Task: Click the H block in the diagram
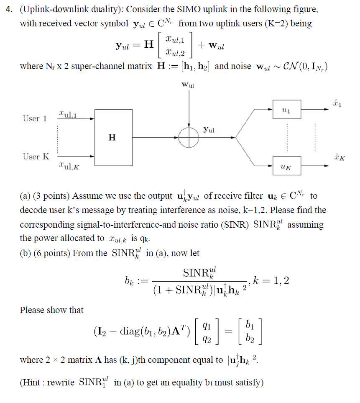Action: pos(112,137)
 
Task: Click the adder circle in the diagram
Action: pos(190,137)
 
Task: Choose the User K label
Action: pos(36,157)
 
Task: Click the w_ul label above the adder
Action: pos(189,85)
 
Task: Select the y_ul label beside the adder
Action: pos(209,130)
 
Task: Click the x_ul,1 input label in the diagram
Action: pos(68,113)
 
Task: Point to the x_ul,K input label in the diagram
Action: pos(69,167)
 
